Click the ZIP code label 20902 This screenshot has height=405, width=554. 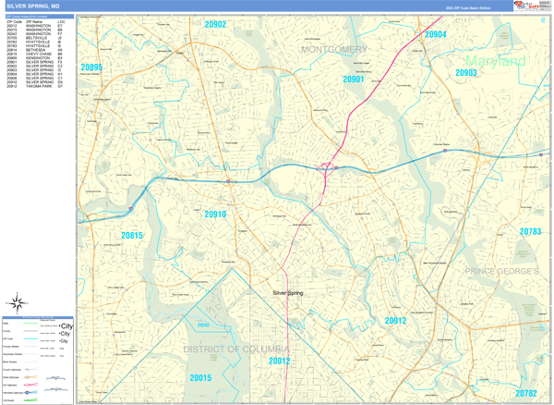(214, 25)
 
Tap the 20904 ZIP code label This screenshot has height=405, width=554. (436, 34)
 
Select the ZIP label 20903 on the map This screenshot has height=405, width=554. (465, 72)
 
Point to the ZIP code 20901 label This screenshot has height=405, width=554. (353, 80)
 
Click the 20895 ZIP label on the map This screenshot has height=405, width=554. (91, 67)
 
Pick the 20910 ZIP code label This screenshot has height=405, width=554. (215, 215)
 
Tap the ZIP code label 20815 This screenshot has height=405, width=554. (132, 236)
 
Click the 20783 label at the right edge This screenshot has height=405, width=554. (531, 231)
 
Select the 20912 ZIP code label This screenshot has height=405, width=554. (395, 321)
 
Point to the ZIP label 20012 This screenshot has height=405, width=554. (280, 361)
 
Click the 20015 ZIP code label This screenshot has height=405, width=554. (200, 378)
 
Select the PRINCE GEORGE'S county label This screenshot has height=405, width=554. (501, 271)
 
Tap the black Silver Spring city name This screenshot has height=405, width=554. (288, 293)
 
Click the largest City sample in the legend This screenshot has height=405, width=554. (66, 325)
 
